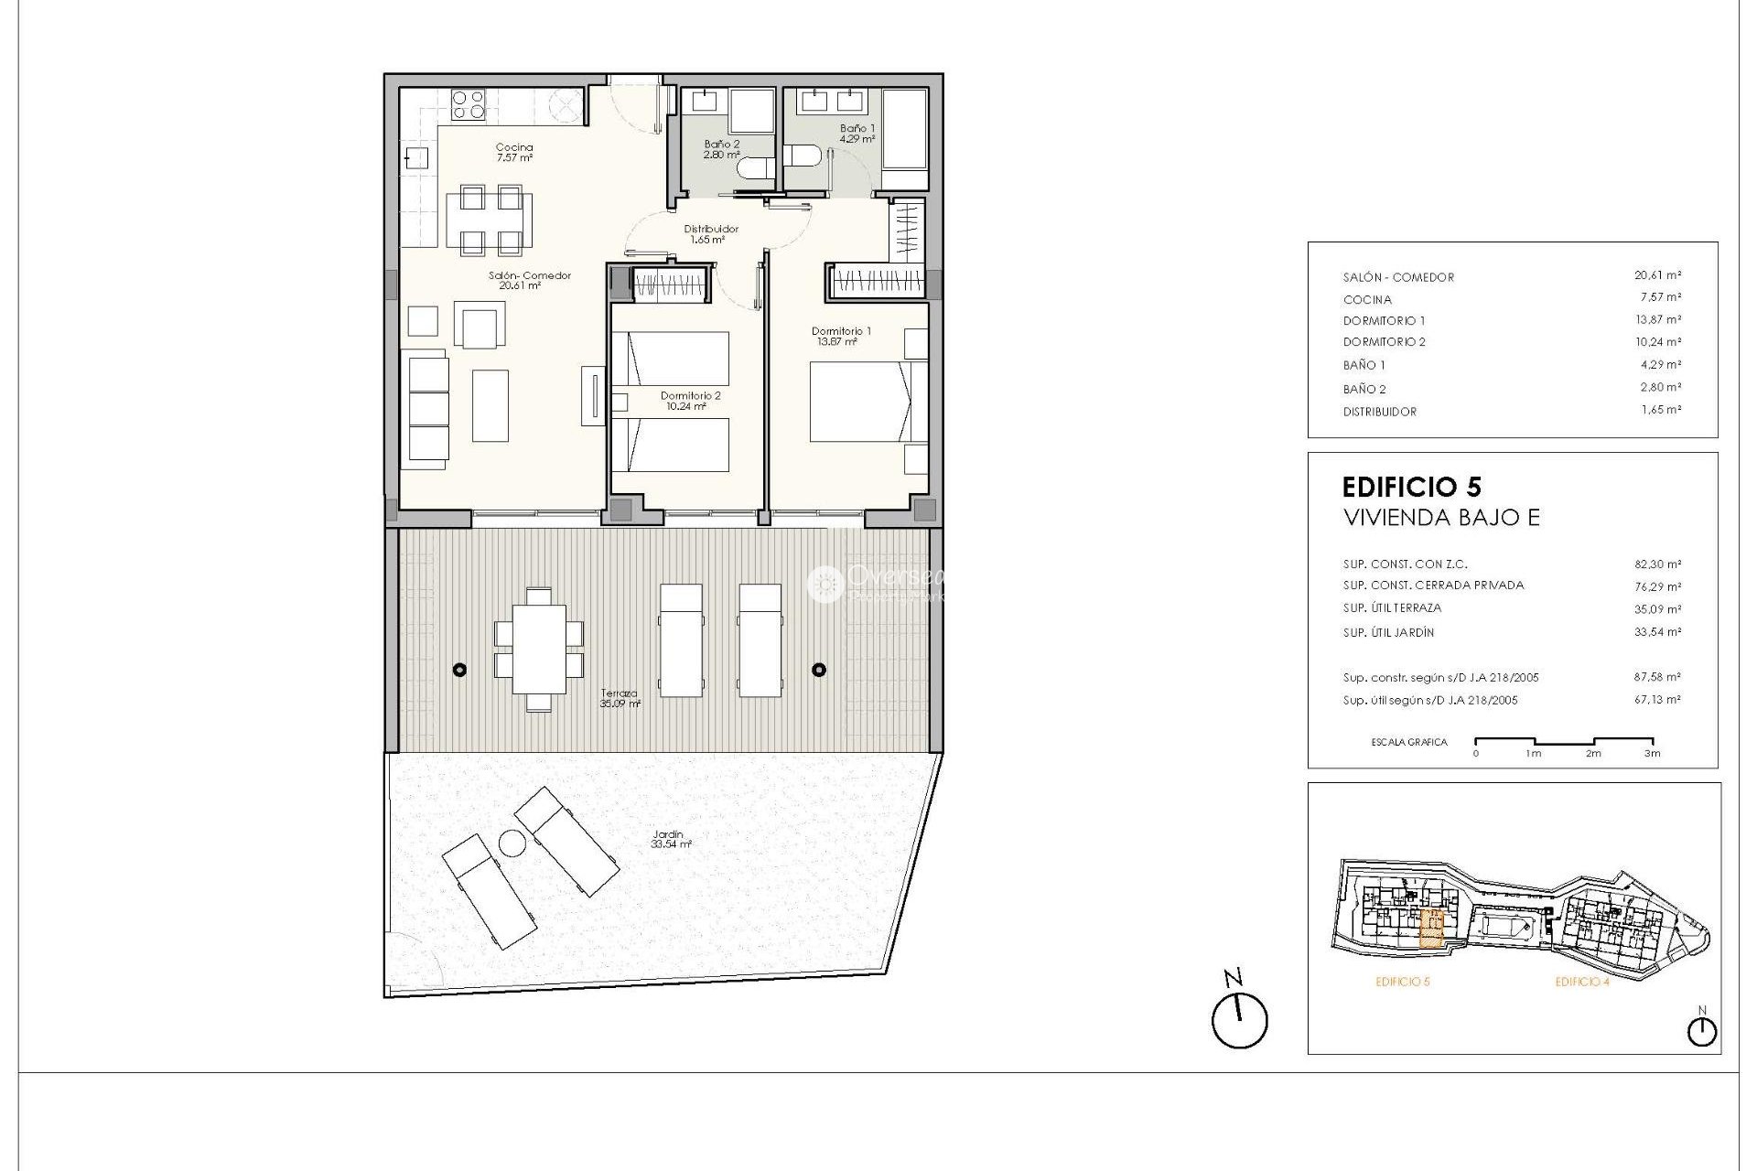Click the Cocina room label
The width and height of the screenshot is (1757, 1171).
(x=513, y=152)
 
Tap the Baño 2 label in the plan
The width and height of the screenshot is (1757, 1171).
(x=721, y=149)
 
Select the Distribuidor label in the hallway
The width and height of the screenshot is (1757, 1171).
(x=710, y=234)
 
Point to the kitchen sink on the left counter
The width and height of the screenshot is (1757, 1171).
(x=416, y=158)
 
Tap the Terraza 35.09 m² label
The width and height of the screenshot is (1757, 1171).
(x=620, y=699)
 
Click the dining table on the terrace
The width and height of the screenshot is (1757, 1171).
(x=539, y=650)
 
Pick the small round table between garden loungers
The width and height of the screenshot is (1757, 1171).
(x=511, y=843)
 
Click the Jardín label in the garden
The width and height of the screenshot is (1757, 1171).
(x=671, y=839)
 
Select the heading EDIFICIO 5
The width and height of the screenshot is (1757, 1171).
(x=1411, y=486)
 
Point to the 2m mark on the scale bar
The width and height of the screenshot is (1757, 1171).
(x=1593, y=753)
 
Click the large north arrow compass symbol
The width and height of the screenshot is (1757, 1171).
(x=1239, y=1020)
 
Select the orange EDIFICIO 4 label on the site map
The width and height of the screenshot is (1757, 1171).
(x=1581, y=983)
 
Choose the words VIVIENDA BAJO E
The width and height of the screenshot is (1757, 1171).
(x=1440, y=518)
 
